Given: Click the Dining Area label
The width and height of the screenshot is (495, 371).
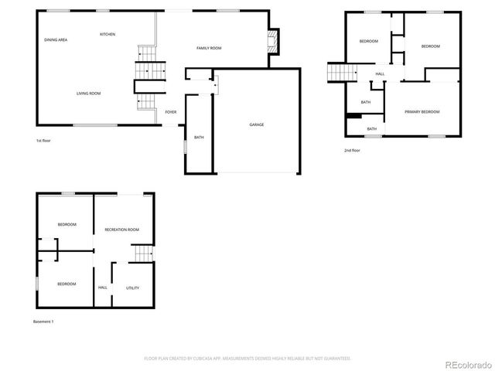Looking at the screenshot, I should [x=56, y=39].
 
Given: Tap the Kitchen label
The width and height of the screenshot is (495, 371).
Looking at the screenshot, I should [x=108, y=35].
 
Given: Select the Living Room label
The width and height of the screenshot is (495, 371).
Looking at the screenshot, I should [x=88, y=94].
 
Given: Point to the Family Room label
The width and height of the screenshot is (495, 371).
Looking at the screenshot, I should [x=209, y=49].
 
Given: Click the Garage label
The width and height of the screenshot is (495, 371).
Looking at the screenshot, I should [x=257, y=124].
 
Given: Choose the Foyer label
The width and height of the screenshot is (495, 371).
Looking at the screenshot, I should [x=171, y=112].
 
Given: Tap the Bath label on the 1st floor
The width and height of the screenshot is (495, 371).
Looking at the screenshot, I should [x=199, y=138].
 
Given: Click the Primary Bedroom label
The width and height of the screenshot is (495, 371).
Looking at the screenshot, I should [x=422, y=112].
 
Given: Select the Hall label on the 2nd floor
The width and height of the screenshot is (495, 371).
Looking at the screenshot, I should [x=380, y=74].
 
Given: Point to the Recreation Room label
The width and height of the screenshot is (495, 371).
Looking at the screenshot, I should [x=122, y=230].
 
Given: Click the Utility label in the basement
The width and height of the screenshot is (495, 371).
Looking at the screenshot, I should [x=132, y=288].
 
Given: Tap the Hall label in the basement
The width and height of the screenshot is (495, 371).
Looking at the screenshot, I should [x=103, y=288].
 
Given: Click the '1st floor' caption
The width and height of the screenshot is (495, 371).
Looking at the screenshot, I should [x=43, y=141].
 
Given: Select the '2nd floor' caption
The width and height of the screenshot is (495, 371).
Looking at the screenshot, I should [x=352, y=150].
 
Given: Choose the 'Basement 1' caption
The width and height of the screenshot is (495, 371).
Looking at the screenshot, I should [x=44, y=321].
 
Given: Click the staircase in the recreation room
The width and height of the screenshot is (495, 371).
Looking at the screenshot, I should [x=141, y=253].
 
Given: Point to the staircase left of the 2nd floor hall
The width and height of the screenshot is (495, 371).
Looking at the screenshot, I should [x=340, y=72].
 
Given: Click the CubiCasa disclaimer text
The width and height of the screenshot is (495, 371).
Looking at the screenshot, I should [x=247, y=359].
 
